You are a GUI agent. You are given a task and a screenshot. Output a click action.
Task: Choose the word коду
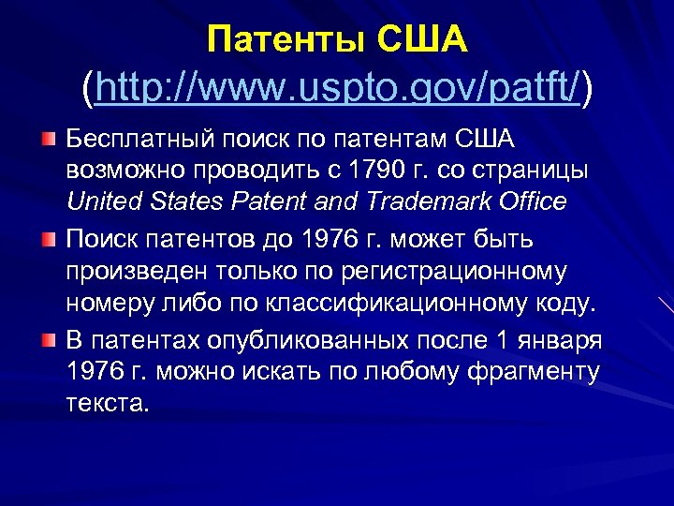coord(564,304)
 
